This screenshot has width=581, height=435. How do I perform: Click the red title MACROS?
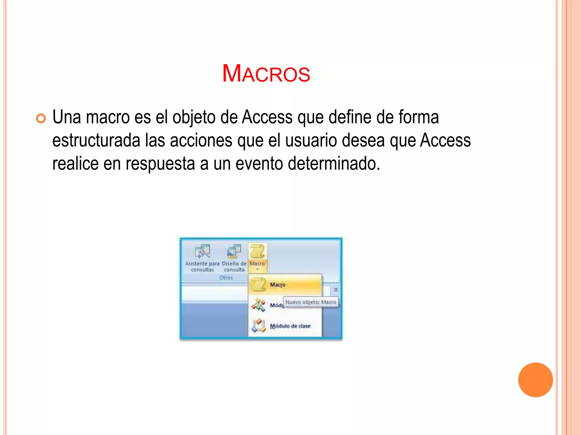pyautogui.click(x=266, y=74)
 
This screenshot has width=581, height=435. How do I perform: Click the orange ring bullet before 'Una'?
pyautogui.click(x=41, y=118)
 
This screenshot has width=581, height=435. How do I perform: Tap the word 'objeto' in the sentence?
pyautogui.click(x=194, y=117)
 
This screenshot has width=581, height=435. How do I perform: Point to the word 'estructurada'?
pyautogui.click(x=96, y=140)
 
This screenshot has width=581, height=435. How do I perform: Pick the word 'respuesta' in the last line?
pyautogui.click(x=160, y=164)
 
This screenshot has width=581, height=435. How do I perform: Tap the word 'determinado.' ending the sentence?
pyautogui.click(x=334, y=164)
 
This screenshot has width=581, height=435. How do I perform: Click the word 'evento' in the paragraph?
pyautogui.click(x=259, y=164)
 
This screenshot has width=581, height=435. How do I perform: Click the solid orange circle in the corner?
pyautogui.click(x=535, y=380)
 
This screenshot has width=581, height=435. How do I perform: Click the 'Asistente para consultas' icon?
pyautogui.click(x=202, y=251)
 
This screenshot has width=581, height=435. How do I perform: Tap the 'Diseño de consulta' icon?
pyautogui.click(x=234, y=251)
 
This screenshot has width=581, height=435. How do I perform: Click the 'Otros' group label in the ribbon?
pyautogui.click(x=226, y=278)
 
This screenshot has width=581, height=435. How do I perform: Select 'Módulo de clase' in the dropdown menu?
pyautogui.click(x=290, y=326)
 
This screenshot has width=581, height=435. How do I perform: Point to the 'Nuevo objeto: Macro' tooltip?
pyautogui.click(x=311, y=302)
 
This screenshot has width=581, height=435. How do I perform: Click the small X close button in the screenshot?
pyautogui.click(x=336, y=290)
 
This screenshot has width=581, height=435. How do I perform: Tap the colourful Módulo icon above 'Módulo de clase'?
pyautogui.click(x=258, y=305)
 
